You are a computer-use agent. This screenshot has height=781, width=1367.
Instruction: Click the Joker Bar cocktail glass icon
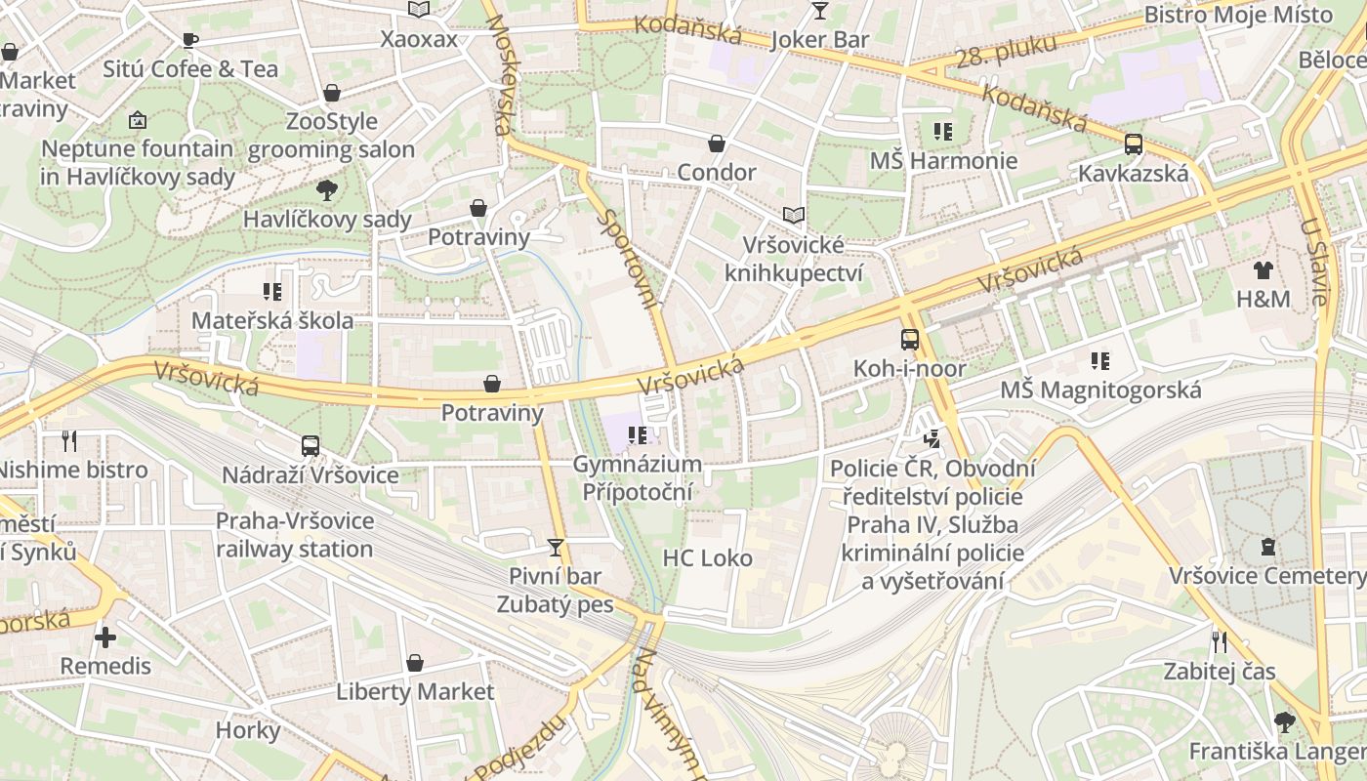(819, 11)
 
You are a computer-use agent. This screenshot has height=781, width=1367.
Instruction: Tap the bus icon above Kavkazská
(1134, 144)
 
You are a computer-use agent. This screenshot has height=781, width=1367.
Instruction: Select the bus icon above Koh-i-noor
(909, 339)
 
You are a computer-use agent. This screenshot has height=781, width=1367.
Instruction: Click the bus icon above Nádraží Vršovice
(311, 445)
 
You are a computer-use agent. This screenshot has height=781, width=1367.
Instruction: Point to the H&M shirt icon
(1263, 269)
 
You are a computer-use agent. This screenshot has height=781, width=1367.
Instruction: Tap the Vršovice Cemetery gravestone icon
(1267, 546)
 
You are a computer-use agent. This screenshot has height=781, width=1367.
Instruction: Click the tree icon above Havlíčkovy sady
(327, 189)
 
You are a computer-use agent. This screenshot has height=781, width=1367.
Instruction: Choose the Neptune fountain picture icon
(138, 120)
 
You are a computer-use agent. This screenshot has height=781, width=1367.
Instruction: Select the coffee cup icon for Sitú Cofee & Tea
(190, 40)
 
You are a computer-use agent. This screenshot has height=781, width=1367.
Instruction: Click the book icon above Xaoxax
(419, 10)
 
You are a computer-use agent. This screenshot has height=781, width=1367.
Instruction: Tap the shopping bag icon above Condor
(717, 144)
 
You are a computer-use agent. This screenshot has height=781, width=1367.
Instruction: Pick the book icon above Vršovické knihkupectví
(794, 215)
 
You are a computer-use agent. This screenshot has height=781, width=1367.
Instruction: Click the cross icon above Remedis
(105, 637)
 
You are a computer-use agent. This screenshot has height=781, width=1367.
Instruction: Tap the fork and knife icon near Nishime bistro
(69, 440)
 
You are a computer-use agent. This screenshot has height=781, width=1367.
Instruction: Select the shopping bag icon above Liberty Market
(415, 663)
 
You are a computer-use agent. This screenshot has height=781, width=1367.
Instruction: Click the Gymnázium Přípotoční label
(637, 477)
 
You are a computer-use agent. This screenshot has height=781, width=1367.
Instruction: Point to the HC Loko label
(708, 558)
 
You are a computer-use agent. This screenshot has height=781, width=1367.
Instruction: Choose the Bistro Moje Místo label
(1238, 15)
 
